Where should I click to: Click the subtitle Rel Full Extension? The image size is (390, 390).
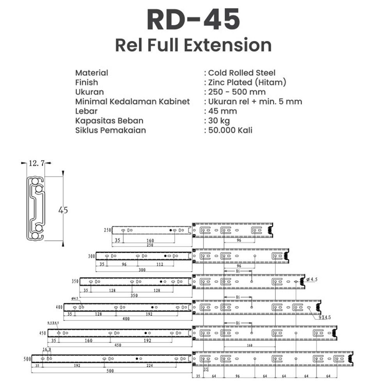193,45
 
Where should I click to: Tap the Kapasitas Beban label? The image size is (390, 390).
109,121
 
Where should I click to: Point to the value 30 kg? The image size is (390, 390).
219,121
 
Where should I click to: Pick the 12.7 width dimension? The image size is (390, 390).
35,164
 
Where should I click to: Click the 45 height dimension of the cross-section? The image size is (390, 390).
63,210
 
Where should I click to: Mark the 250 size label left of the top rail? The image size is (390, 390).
107,230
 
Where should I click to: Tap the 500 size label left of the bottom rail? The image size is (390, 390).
27,359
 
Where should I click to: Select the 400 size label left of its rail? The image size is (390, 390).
59,307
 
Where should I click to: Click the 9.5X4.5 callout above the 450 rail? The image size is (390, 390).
53,323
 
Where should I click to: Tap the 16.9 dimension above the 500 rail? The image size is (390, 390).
47,349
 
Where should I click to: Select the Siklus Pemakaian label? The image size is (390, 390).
110,130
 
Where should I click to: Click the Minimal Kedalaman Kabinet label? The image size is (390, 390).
133,101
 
